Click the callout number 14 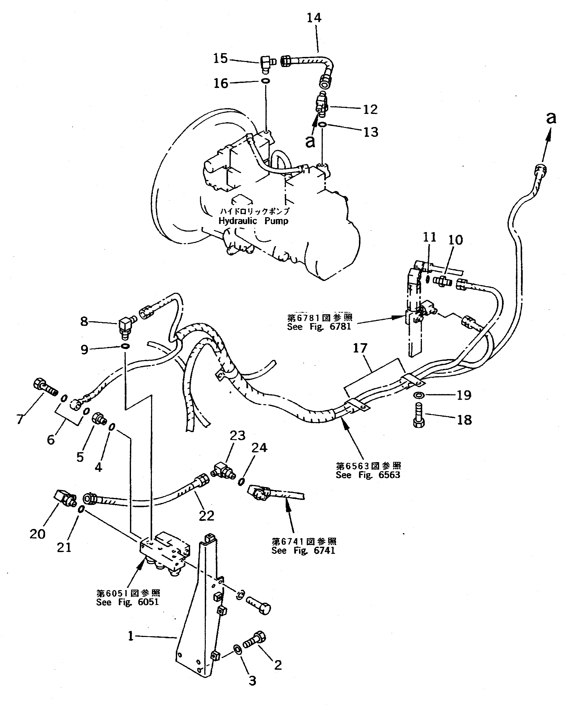[314, 18]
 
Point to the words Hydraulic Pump [253, 221]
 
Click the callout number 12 [370, 109]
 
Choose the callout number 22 [206, 516]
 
